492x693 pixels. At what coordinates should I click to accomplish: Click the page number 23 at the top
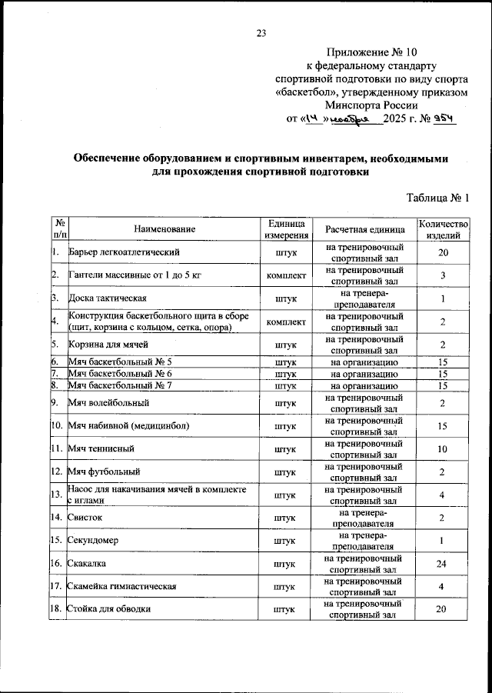pyautogui.click(x=261, y=32)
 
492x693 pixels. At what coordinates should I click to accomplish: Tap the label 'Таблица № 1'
pyautogui.click(x=437, y=198)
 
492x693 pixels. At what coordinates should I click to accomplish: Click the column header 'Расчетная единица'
pyautogui.click(x=364, y=228)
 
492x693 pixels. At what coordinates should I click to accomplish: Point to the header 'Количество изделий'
pyautogui.click(x=443, y=228)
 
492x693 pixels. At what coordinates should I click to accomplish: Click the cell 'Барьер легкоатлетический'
pyautogui.click(x=124, y=252)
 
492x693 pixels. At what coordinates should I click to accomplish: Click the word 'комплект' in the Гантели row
pyautogui.click(x=287, y=275)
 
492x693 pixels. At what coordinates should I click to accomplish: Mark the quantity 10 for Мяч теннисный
pyautogui.click(x=443, y=448)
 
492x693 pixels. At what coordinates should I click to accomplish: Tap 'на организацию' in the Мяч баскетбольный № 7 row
pyautogui.click(x=364, y=385)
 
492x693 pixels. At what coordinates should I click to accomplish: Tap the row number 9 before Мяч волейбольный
pyautogui.click(x=55, y=401)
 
